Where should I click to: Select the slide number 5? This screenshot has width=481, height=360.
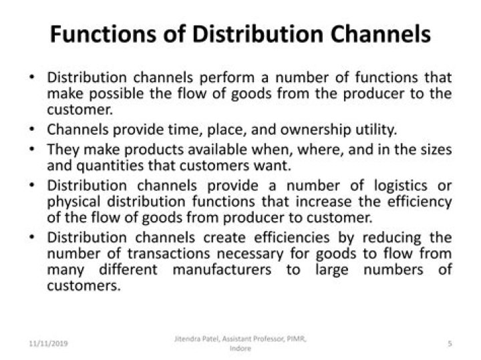450,343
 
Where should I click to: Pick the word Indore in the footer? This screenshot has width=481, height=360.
240,348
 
